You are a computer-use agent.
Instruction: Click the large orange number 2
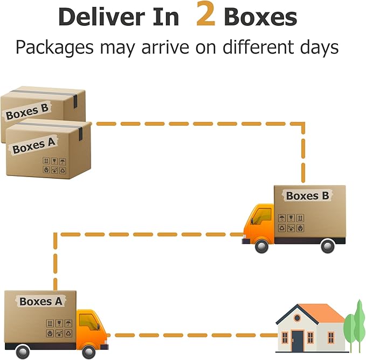point(205,16)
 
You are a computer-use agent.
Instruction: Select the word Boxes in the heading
point(260,17)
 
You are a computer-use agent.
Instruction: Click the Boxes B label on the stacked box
point(27,112)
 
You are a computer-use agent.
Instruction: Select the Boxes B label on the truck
point(307,196)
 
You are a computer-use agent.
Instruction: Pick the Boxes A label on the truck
point(41,301)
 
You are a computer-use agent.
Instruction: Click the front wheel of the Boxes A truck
point(89,352)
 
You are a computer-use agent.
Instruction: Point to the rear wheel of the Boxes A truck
point(23,352)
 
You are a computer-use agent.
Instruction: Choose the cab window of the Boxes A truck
point(88,322)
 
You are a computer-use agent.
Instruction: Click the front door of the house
point(298,341)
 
